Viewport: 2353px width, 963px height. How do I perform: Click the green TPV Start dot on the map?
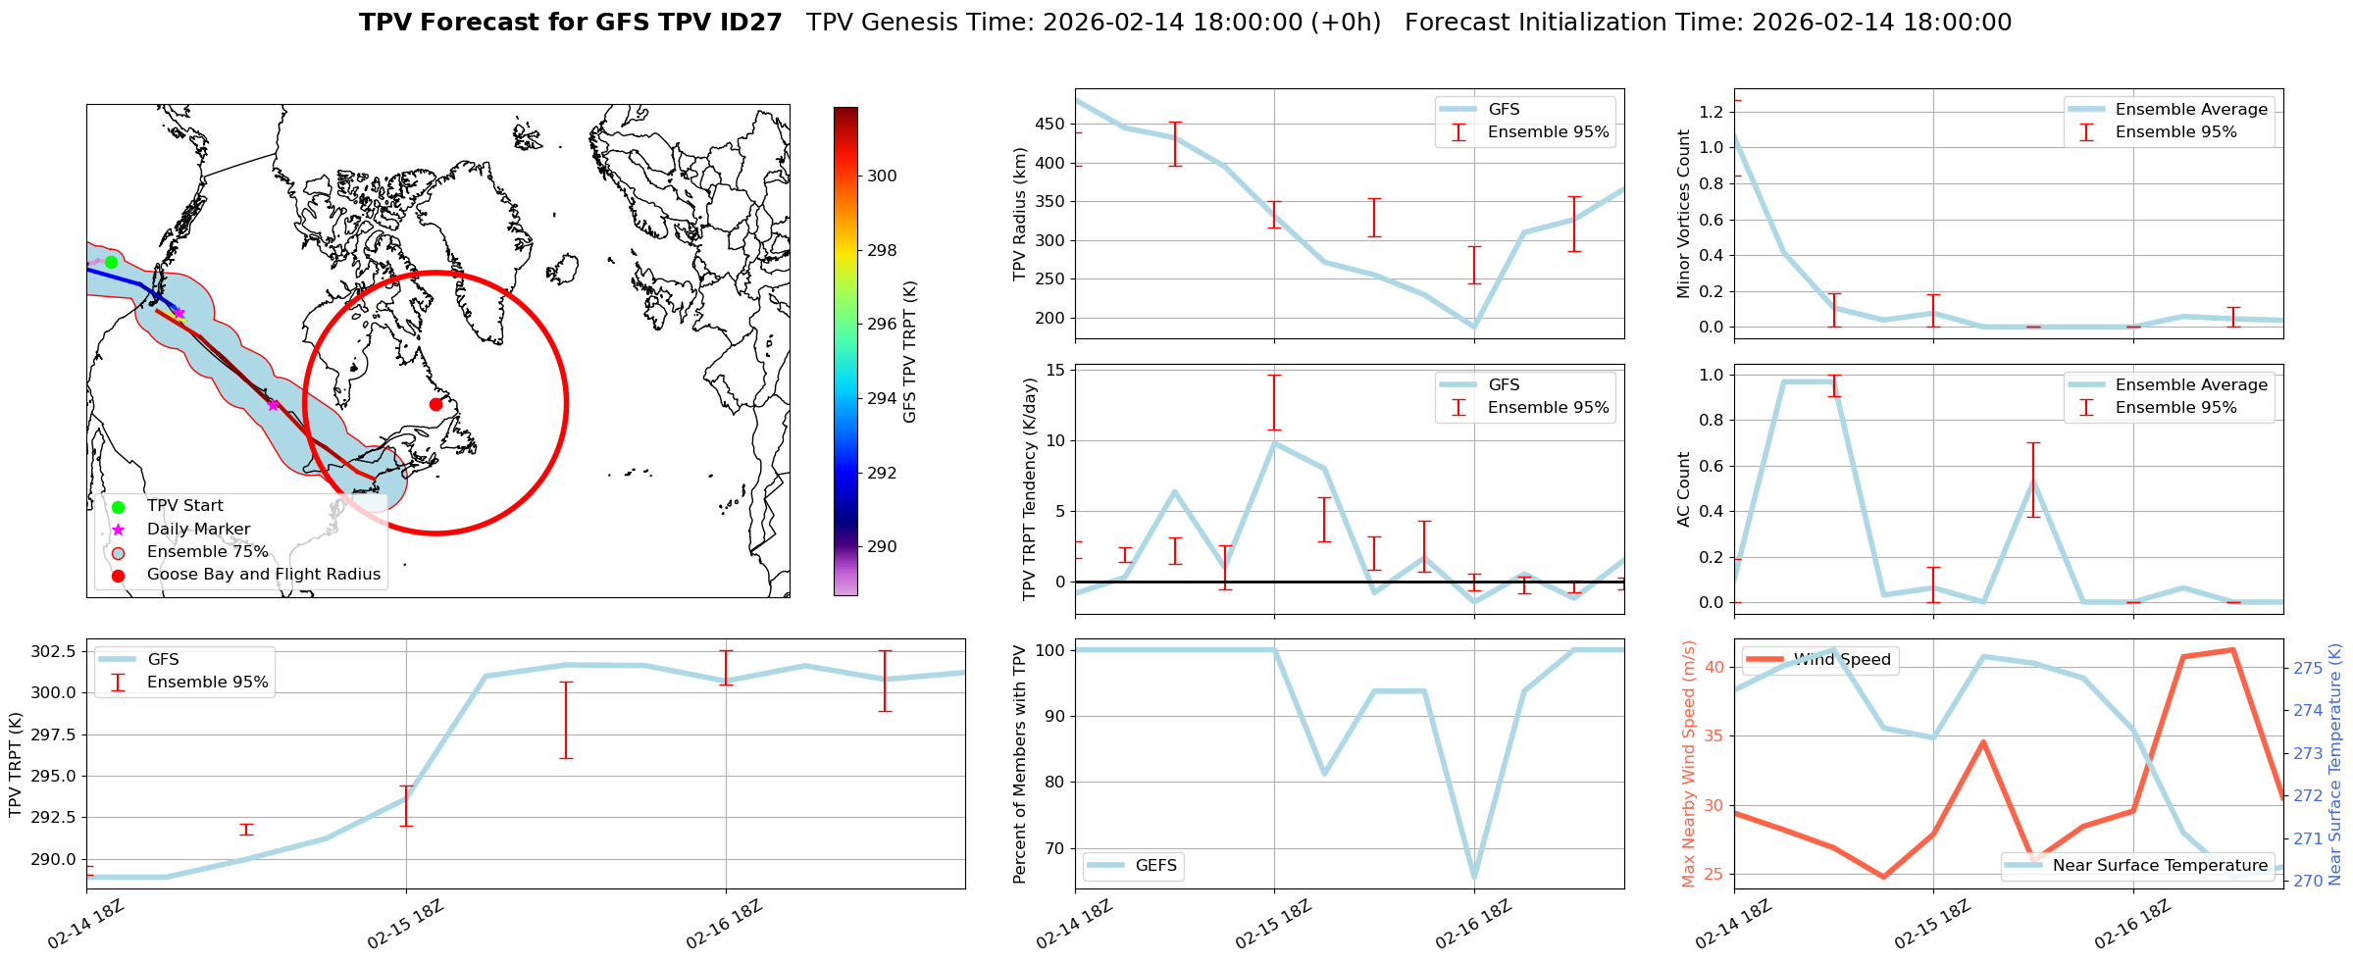coord(111,262)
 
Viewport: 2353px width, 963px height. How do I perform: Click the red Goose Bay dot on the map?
coord(435,404)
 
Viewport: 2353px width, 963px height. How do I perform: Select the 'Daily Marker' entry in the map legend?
coord(198,530)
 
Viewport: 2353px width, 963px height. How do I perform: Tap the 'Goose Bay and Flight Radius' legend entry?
coord(263,575)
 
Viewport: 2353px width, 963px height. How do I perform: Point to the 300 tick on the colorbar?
coord(882,177)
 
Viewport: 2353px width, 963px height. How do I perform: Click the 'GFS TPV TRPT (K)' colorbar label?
coord(910,352)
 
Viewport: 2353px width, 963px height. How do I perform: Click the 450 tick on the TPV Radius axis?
coord(1051,125)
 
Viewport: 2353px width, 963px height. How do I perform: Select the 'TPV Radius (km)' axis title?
coord(1020,214)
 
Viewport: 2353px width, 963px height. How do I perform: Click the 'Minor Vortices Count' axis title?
coord(1684,214)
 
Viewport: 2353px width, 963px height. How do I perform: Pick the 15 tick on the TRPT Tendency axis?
coord(1057,370)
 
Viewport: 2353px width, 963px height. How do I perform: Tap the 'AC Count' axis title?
coord(1684,489)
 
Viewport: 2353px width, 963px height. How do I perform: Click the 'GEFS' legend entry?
coord(1155,866)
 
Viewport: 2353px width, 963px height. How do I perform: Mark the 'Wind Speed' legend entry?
coord(1841,660)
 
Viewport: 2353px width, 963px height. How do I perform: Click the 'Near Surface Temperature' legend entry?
coord(2160,866)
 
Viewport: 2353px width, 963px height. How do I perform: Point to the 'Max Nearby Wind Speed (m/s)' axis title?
coord(1688,764)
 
